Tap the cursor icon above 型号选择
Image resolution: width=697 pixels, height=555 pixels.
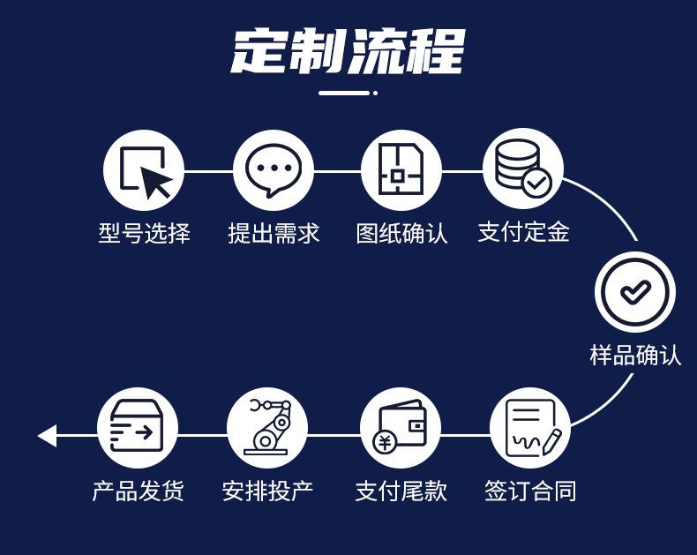point(144,170)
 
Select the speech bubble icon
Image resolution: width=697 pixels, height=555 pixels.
point(274,170)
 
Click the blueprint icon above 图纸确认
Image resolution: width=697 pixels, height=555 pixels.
point(401,170)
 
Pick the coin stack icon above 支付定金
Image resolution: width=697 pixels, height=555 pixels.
point(523,169)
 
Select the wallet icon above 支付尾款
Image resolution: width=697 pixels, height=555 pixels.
point(401,428)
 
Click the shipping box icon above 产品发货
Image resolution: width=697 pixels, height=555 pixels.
point(137,428)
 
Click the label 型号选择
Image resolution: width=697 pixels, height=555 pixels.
point(144,233)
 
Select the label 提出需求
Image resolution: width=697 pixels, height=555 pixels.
point(274,233)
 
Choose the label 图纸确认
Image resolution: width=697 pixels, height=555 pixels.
point(401,233)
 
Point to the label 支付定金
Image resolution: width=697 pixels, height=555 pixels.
point(523,232)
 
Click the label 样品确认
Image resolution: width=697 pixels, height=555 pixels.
point(635,355)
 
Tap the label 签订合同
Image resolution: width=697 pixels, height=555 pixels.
point(530,491)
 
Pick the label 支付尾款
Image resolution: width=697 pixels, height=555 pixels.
point(401,491)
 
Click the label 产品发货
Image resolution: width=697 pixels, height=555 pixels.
point(138,491)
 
